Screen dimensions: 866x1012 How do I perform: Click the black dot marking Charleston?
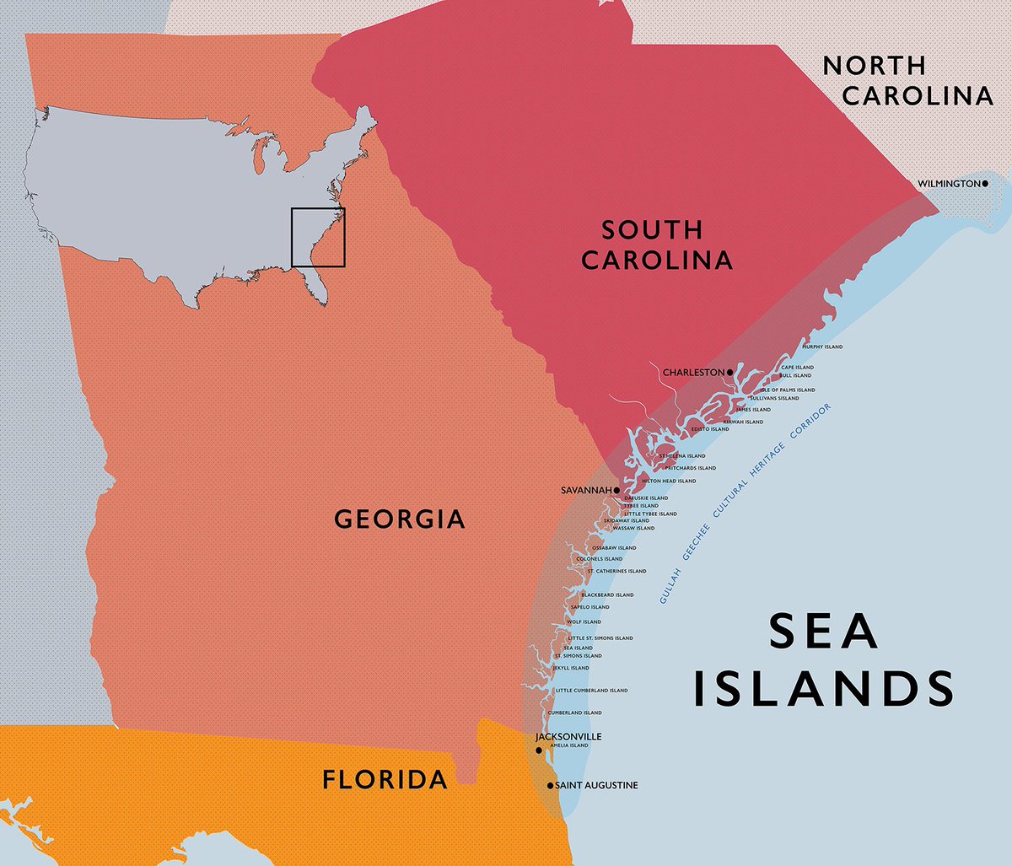730,372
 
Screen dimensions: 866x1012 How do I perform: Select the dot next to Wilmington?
984,183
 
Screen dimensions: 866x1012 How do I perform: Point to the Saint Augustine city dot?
550,785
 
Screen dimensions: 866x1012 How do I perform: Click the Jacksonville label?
568,736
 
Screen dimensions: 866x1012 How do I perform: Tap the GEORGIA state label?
400,519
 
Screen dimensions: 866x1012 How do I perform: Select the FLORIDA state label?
385,780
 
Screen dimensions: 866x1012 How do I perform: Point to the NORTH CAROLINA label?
907,81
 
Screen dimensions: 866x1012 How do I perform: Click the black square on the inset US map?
318,237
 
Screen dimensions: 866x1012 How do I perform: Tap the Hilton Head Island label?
669,481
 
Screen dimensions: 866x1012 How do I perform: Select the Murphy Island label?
822,347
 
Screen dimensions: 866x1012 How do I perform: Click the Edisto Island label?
710,429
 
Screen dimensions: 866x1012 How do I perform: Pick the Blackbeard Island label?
607,594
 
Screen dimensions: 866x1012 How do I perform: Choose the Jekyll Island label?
571,668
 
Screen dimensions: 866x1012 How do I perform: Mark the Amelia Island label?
568,745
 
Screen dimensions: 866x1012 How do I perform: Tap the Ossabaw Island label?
614,548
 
